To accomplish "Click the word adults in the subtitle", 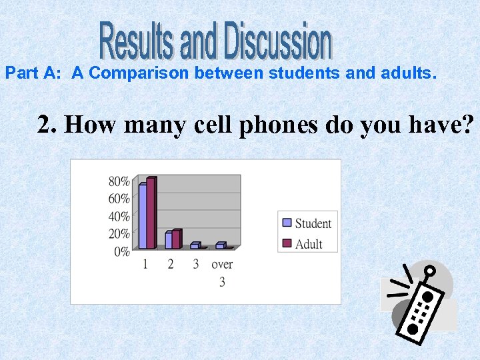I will point(406,73).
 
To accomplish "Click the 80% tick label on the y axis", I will point(119,181).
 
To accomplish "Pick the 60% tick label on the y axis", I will point(119,199).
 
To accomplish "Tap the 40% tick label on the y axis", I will point(119,217).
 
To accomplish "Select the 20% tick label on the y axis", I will point(119,234).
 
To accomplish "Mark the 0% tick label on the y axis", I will point(122,252).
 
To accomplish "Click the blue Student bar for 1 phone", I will point(142,216).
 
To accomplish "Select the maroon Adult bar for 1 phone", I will point(151,213).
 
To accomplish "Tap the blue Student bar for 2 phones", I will point(168,240).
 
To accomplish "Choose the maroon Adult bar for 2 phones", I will point(176,239).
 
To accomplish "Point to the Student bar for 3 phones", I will point(194,245).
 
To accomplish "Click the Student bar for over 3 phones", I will point(219,245).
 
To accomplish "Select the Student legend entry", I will point(307,223).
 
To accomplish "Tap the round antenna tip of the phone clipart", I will point(430,271).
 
